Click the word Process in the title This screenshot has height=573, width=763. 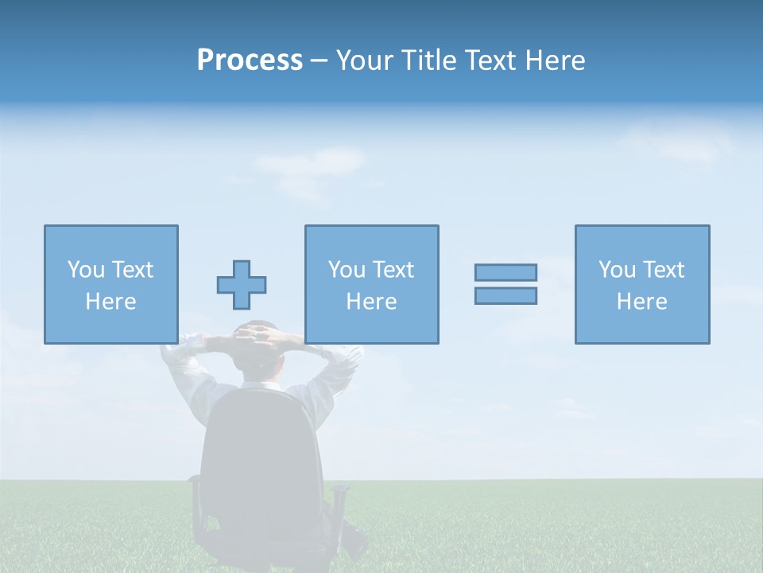click(250, 60)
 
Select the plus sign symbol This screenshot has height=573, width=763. click(242, 285)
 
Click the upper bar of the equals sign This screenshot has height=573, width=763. click(505, 272)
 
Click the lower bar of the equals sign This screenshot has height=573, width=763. click(505, 295)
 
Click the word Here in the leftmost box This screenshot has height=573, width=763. click(110, 302)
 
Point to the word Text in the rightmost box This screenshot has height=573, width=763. click(664, 270)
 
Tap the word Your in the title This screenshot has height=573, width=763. click(365, 60)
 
